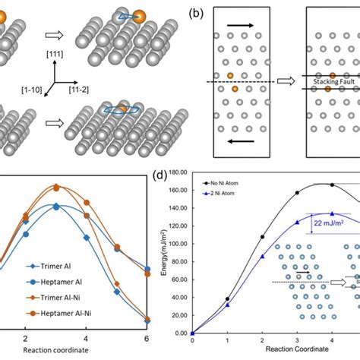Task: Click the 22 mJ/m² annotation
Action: point(331,223)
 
